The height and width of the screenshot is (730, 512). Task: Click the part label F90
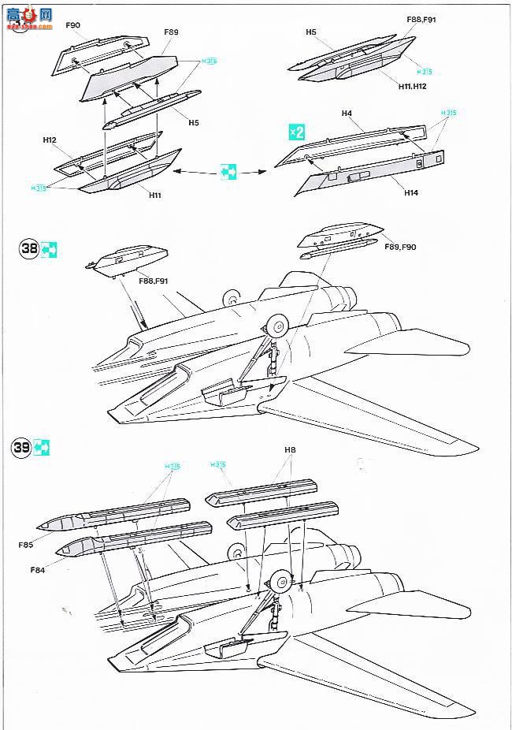pos(73,26)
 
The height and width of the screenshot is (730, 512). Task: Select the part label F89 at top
pos(171,32)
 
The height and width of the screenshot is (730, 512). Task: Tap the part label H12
pos(50,140)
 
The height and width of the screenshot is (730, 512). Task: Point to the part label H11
pos(154,195)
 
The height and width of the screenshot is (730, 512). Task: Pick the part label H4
pos(347,114)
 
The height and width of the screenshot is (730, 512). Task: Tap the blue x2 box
pos(296,132)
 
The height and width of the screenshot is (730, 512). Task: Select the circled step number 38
pos(29,250)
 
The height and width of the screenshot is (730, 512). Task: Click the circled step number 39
pos(21,448)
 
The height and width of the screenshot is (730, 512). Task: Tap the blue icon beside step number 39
pos(42,448)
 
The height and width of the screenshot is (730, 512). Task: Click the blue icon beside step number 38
pos(49,250)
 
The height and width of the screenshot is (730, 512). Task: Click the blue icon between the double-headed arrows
pos(228,171)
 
